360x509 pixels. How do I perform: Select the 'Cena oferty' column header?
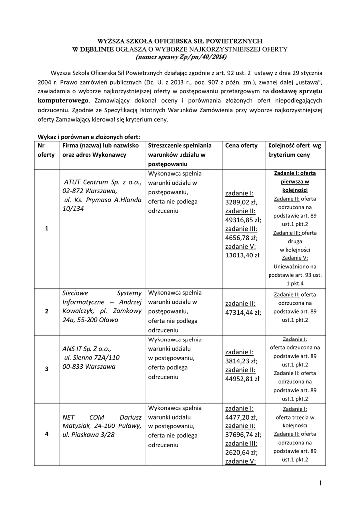tap(241, 146)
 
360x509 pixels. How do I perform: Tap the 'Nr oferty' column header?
tap(46, 150)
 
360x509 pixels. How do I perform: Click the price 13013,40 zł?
tap(242, 256)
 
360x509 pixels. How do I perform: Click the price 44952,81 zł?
tap(242, 379)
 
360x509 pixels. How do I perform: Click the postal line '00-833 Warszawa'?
tap(89, 367)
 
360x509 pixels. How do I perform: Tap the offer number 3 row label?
tap(46, 369)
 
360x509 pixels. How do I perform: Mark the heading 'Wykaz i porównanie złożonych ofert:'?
tap(89, 136)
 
